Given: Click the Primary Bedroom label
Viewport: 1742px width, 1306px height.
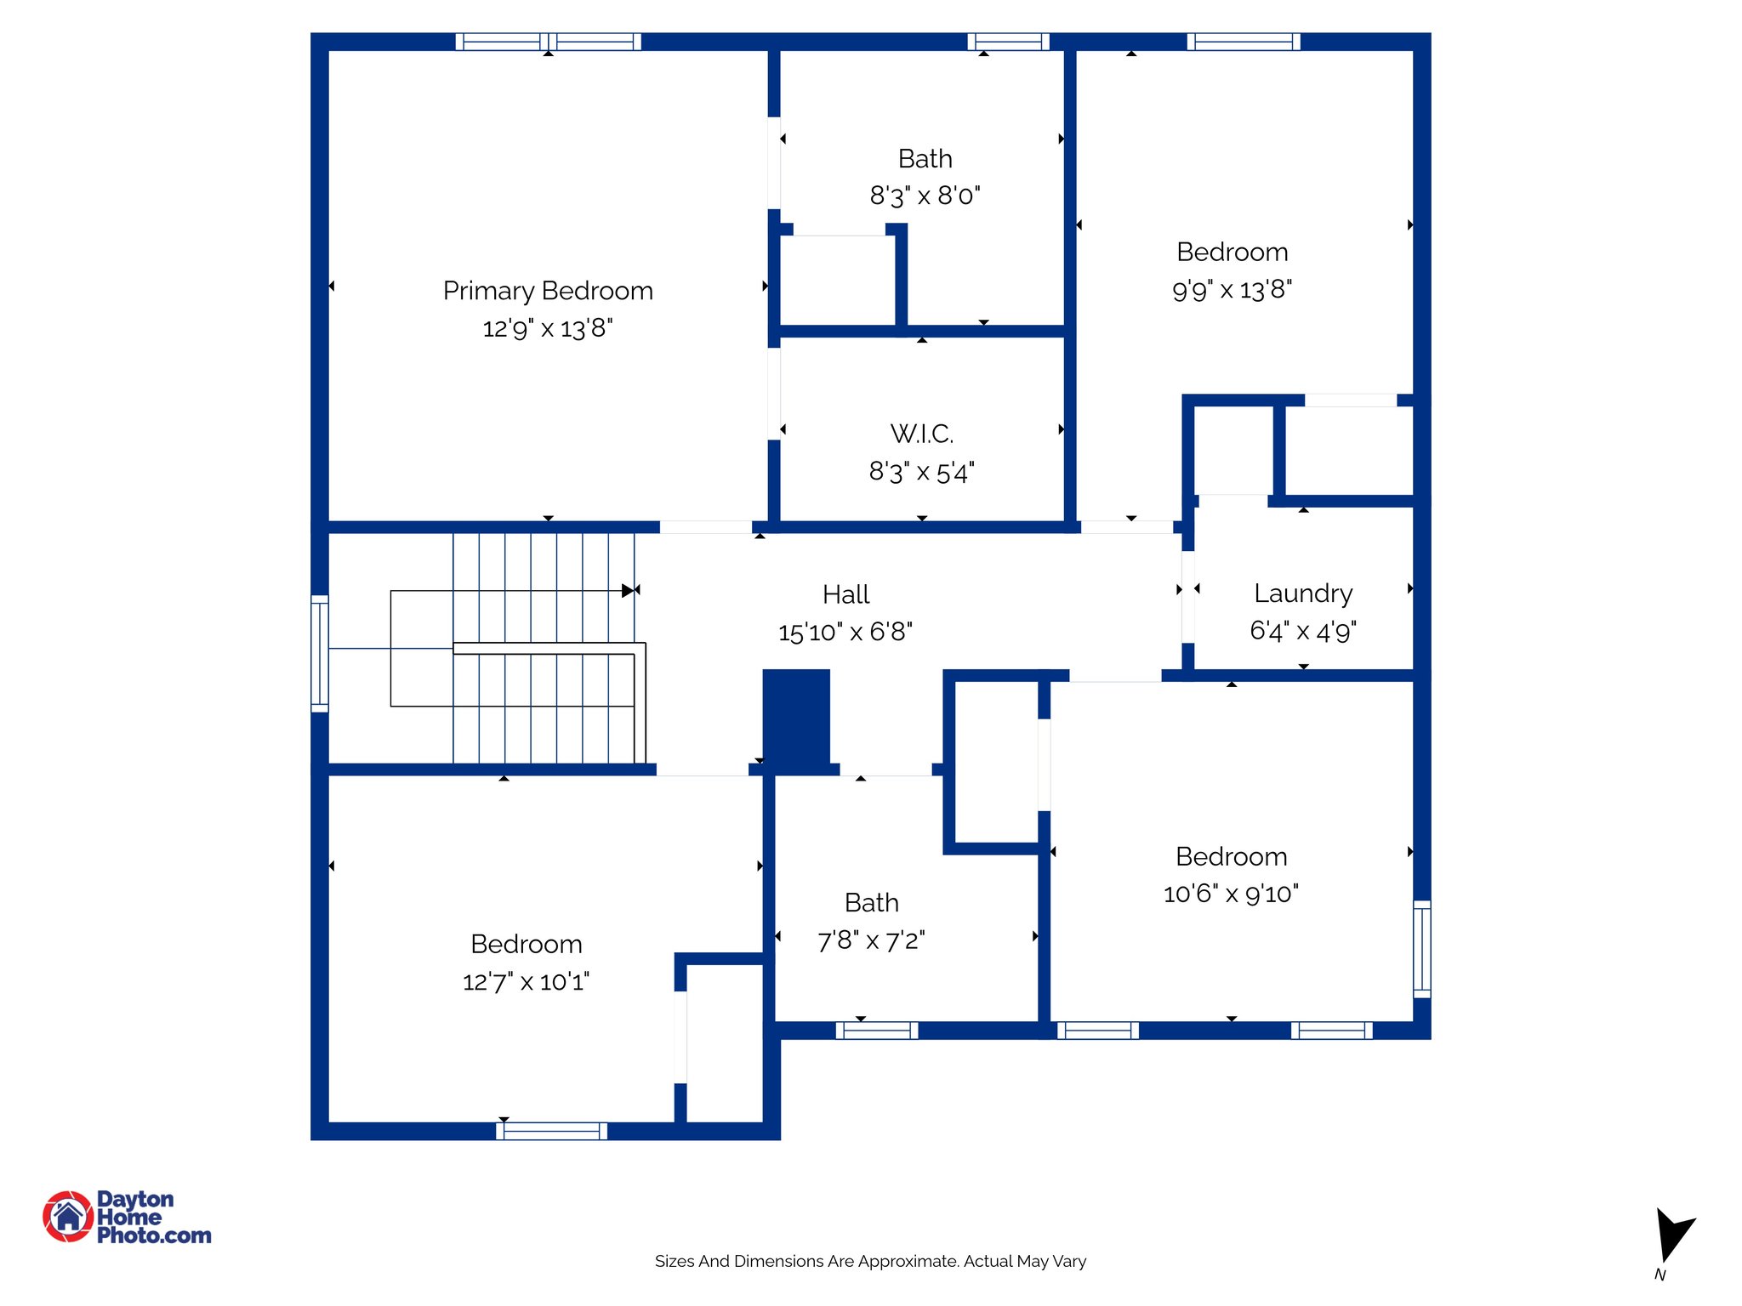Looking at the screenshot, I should click(548, 291).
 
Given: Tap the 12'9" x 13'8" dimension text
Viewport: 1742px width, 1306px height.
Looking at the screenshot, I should click(548, 328).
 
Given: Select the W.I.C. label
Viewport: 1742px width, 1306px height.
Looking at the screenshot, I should click(922, 434).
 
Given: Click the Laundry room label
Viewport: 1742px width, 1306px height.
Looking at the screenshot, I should click(1303, 593).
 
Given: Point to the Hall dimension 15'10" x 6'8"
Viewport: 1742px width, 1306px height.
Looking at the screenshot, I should click(845, 632).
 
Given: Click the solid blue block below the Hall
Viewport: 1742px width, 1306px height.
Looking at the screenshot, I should click(796, 718).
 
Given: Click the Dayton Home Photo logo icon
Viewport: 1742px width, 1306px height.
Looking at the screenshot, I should click(68, 1216).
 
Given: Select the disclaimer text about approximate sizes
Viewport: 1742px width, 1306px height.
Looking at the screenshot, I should click(870, 1261).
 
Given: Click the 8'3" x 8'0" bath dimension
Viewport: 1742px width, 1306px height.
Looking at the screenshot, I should click(925, 196).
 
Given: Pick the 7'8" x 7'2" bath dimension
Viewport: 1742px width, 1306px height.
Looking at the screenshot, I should click(871, 940).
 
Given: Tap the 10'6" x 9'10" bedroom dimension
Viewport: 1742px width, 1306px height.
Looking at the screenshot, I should click(1231, 894).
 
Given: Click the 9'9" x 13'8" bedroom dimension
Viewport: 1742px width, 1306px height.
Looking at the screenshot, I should click(1232, 290).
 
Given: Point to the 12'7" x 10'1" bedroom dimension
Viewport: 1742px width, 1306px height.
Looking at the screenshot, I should click(526, 982).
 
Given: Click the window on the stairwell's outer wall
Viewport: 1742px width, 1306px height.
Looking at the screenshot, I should click(320, 653).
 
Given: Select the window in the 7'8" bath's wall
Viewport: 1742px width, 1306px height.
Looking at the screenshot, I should click(877, 1031).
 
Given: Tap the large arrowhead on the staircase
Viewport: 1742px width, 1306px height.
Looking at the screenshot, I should click(628, 590).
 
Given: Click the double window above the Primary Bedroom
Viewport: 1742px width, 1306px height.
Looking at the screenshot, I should click(549, 42).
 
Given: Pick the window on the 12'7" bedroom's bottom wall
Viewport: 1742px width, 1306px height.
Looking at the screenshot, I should click(551, 1131).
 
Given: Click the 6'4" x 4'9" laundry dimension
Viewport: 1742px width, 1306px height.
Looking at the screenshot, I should click(1303, 631).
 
